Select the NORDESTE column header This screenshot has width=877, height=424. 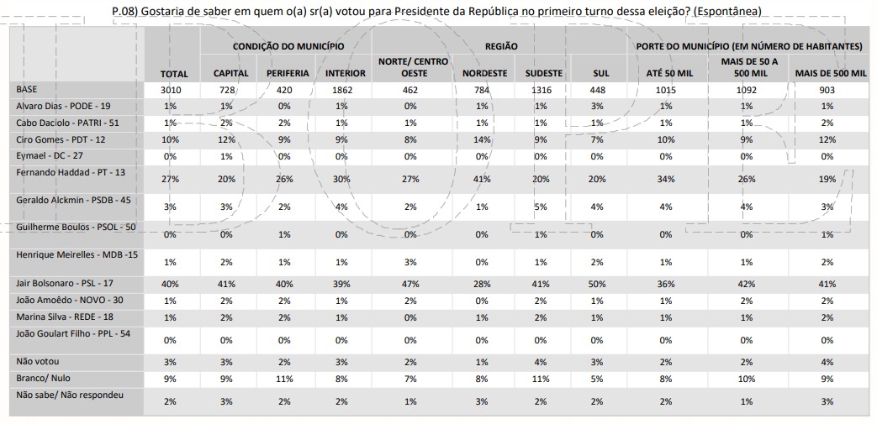click(485, 73)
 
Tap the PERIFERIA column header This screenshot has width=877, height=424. click(288, 73)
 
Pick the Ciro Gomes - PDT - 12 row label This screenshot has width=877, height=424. click(60, 138)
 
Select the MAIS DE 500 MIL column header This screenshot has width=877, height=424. click(831, 73)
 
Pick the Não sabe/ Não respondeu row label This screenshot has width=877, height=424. click(70, 394)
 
